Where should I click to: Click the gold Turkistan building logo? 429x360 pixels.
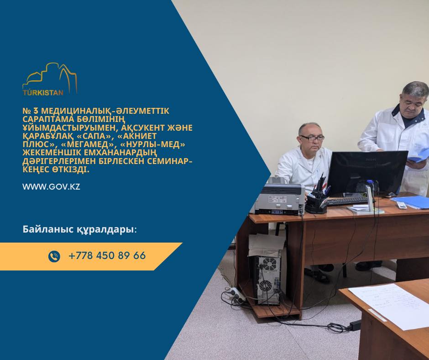(x=50, y=79)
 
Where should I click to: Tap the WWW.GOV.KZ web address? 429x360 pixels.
(x=51, y=187)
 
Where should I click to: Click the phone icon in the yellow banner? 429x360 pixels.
(x=54, y=256)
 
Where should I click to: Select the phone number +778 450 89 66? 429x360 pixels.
(x=107, y=256)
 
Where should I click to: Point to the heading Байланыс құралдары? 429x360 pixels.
(x=79, y=230)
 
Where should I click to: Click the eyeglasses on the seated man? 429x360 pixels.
(x=312, y=138)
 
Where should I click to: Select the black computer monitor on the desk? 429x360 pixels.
(x=367, y=173)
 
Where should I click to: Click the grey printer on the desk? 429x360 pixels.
(x=279, y=196)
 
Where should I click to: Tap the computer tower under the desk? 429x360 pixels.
(x=266, y=280)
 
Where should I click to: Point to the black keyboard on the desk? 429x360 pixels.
(x=347, y=201)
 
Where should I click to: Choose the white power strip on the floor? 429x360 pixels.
(x=235, y=292)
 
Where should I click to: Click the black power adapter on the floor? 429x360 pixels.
(x=355, y=325)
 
